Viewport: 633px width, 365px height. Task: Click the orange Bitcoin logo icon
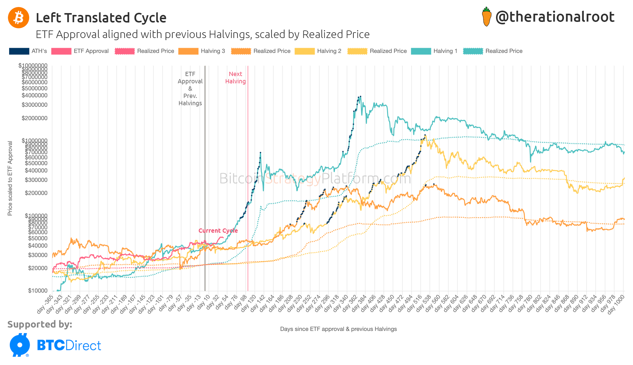[x=19, y=18]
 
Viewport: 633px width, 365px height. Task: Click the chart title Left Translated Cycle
[x=101, y=18]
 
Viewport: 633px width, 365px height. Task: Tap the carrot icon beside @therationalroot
[x=487, y=17]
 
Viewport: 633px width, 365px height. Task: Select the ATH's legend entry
[x=28, y=51]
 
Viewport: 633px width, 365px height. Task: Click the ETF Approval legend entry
[x=80, y=51]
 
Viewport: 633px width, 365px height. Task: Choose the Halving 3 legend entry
[x=202, y=51]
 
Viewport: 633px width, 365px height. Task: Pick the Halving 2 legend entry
[x=318, y=51]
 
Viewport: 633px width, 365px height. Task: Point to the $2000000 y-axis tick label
[x=34, y=118]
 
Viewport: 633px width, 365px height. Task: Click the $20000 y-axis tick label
[x=37, y=268]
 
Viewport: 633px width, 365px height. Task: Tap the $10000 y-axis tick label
[x=37, y=290]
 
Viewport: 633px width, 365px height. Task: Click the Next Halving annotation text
[x=235, y=78]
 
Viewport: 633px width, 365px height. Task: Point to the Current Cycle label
[x=218, y=231]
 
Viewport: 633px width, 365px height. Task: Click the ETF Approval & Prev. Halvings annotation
[x=190, y=89]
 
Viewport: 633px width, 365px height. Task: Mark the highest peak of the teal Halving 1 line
[x=360, y=96]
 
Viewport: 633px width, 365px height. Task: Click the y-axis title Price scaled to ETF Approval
[x=10, y=178]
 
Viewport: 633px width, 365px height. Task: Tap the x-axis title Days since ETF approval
[x=338, y=329]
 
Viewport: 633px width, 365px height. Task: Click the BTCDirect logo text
[x=69, y=346]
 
